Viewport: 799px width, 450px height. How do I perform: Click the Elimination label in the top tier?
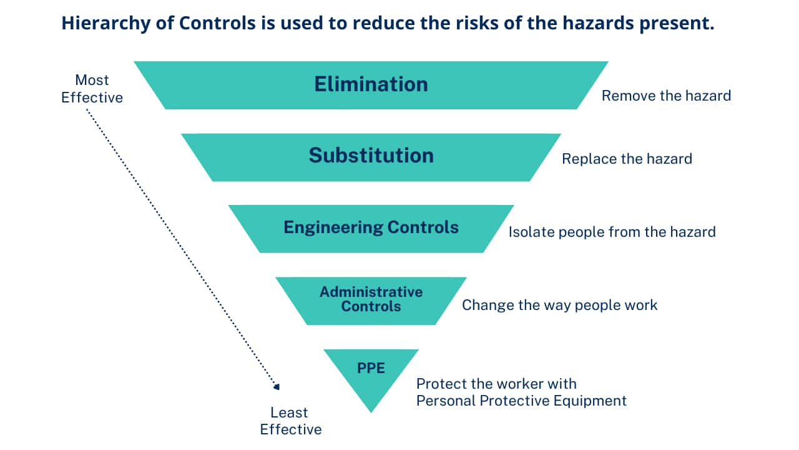(x=371, y=84)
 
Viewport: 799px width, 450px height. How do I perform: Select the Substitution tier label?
(x=371, y=156)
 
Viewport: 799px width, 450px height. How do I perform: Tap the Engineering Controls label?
(x=371, y=227)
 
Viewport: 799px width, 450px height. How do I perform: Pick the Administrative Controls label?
(x=371, y=299)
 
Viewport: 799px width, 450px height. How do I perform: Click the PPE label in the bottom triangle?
(x=371, y=368)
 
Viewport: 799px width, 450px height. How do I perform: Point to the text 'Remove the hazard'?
(x=666, y=96)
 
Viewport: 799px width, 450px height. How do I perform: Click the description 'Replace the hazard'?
(x=627, y=159)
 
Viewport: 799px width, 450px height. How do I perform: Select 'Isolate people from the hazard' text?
(x=612, y=232)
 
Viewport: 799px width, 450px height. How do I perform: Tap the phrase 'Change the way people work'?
(x=560, y=306)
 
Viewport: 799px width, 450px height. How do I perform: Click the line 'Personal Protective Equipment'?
(x=521, y=401)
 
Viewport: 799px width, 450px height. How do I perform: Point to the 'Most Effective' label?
(x=92, y=89)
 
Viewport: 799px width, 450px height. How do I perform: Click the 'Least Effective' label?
(x=291, y=421)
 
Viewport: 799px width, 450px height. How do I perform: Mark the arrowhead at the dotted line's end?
(x=277, y=386)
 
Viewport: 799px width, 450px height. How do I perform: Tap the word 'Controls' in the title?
(x=217, y=23)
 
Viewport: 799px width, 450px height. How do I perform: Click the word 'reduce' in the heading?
(x=383, y=23)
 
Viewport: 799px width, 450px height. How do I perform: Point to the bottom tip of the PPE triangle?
(x=371, y=412)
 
